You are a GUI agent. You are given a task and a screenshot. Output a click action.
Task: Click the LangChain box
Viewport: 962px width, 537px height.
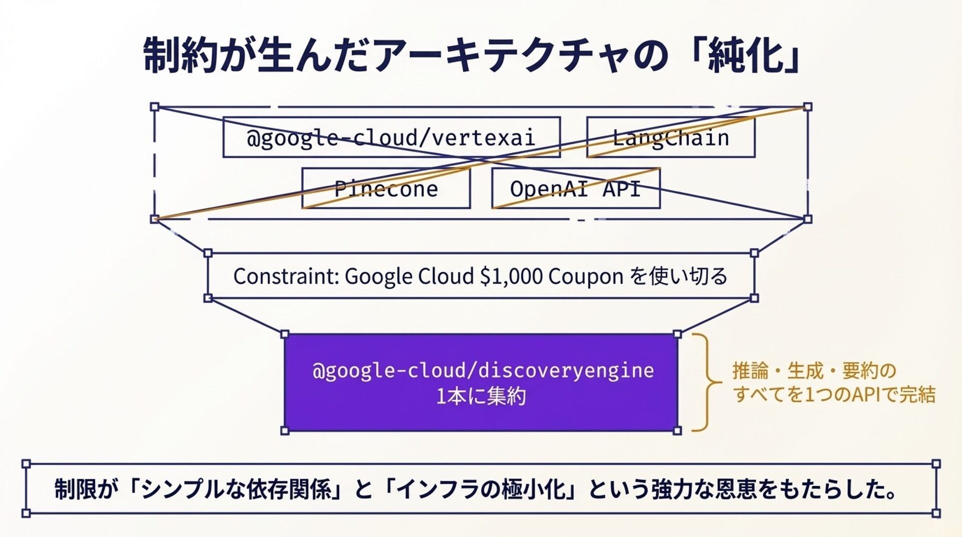(670, 137)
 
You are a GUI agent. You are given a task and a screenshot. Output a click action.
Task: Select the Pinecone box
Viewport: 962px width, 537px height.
(386, 188)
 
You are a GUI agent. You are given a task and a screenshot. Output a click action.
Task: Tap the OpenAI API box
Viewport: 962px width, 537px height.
(575, 188)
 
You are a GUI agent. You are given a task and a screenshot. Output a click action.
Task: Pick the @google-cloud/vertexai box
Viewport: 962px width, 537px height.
(391, 137)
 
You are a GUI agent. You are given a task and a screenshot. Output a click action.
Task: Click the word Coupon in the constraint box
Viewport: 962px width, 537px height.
(586, 276)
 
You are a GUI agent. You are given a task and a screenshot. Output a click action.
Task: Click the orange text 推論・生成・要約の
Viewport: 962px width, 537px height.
(814, 371)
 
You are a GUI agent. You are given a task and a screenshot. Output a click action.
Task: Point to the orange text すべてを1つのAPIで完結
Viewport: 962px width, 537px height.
(834, 394)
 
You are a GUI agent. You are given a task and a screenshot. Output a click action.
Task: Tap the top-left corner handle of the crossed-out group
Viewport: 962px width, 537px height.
(155, 107)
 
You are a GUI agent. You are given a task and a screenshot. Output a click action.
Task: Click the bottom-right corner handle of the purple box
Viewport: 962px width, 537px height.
(677, 430)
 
